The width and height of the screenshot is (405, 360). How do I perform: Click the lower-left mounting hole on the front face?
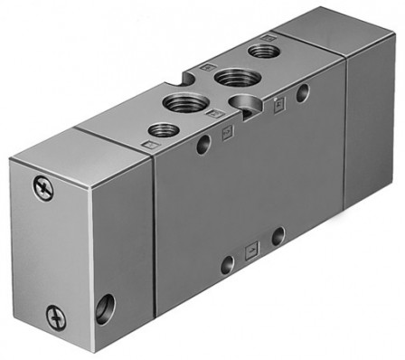coord(228,264)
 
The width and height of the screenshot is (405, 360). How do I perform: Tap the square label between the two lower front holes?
coord(252,247)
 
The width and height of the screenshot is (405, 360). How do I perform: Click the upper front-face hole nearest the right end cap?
coord(302,90)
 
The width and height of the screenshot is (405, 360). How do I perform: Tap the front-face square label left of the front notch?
coord(224,128)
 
